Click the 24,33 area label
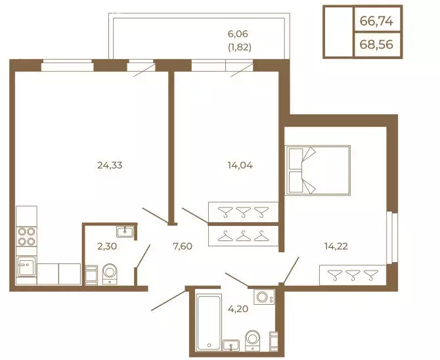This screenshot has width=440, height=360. pos(110,165)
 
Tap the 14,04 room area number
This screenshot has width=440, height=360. pos(240,165)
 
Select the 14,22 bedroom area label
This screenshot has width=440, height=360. pos(336,246)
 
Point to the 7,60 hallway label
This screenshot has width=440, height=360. pos(183,246)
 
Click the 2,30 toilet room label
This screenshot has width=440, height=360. pos(107,246)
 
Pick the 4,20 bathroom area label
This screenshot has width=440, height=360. pos(238,309)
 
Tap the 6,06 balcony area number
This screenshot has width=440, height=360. pos(238,34)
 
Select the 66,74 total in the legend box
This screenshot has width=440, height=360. pos(376,21)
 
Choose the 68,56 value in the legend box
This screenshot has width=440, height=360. pos(376,45)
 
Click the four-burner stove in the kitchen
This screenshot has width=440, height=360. pos(27,236)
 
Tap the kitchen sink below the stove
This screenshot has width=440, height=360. pos(27,265)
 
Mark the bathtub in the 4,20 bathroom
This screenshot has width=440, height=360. pos(208,323)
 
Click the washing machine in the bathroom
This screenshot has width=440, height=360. pos(264,297)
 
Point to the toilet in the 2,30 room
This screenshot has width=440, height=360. pos(110,274)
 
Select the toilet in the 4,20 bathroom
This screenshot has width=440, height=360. pos(253,340)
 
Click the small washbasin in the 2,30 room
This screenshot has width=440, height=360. pos(125,233)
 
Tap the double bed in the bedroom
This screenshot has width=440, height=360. pos(318,170)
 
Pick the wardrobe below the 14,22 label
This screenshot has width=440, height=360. pos(353,275)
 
